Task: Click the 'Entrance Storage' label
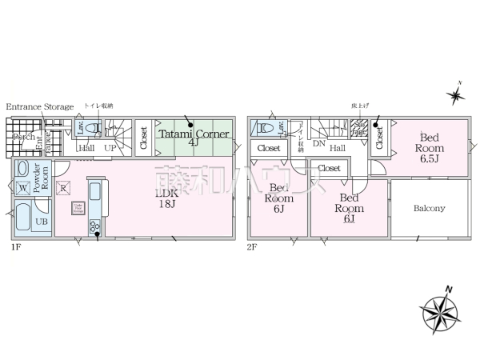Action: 40,106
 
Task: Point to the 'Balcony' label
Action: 430,209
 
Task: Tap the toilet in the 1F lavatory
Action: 94,128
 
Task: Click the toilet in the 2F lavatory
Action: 266,128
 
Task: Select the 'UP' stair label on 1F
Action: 110,148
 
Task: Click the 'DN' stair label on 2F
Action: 318,145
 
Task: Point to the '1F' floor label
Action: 15,248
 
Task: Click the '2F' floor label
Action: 251,248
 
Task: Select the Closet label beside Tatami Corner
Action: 143,136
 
